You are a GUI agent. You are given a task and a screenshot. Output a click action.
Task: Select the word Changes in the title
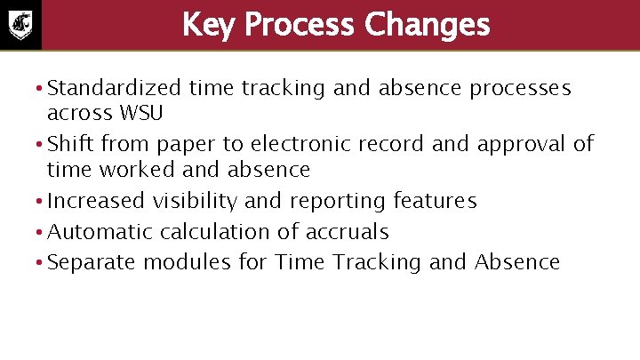coord(428,25)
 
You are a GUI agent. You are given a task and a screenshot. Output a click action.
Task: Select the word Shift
coord(69,144)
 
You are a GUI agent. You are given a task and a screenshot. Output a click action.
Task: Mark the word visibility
coord(195,201)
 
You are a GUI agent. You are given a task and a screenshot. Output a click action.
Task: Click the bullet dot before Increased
coord(40,202)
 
